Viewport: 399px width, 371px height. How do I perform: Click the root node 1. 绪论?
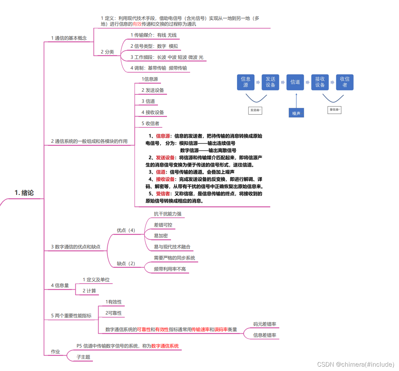click(x=24, y=193)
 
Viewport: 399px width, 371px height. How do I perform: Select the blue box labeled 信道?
click(x=295, y=82)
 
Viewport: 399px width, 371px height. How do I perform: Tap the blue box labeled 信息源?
click(x=245, y=82)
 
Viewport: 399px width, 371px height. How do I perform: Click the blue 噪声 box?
click(x=296, y=113)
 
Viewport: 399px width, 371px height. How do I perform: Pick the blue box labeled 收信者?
click(x=345, y=82)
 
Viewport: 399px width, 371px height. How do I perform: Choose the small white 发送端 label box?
click(x=255, y=110)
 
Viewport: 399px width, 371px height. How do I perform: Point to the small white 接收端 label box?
click(x=334, y=110)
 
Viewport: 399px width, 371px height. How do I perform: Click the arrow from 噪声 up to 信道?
click(x=296, y=100)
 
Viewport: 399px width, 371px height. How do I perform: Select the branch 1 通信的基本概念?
click(x=69, y=38)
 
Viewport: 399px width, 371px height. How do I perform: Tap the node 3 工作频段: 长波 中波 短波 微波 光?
click(x=167, y=57)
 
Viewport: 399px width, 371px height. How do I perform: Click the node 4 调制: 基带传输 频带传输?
click(x=159, y=68)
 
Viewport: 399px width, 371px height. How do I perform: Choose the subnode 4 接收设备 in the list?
click(x=153, y=113)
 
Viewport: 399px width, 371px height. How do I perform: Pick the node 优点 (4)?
click(x=126, y=231)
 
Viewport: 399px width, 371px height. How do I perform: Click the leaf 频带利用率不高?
click(x=170, y=269)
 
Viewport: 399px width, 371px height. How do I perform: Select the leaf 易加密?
click(x=161, y=236)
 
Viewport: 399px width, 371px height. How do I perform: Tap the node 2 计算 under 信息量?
click(x=89, y=291)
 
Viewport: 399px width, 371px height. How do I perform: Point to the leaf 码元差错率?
click(x=265, y=324)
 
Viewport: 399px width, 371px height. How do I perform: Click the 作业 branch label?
click(x=55, y=352)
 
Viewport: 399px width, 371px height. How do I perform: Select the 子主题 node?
click(x=83, y=357)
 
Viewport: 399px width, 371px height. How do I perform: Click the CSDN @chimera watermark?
click(x=355, y=365)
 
